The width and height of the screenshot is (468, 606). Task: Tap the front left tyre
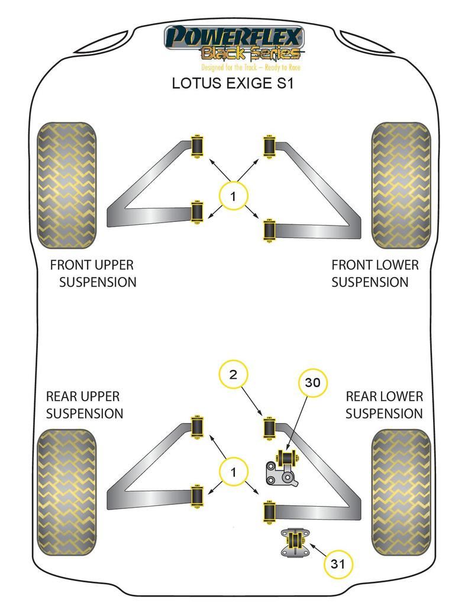(66, 185)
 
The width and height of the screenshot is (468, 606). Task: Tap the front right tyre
(401, 185)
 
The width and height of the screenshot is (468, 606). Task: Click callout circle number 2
(233, 374)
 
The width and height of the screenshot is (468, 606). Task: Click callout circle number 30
(312, 383)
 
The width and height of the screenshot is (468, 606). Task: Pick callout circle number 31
(338, 564)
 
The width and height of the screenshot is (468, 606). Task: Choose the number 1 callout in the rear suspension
(233, 472)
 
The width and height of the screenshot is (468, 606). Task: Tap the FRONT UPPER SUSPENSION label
(92, 273)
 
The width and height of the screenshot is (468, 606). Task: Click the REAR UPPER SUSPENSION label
(84, 405)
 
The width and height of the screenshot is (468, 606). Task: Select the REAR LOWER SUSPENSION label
(384, 405)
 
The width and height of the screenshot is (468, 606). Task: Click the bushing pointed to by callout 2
(269, 429)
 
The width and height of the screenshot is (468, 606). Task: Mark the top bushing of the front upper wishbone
(196, 146)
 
